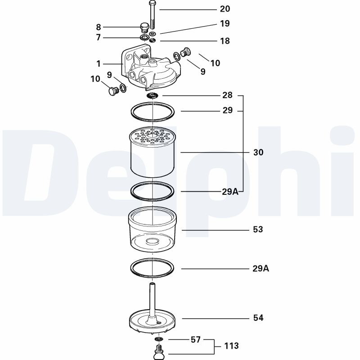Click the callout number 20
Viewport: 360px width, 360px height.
225,9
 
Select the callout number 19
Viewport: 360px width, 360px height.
225,23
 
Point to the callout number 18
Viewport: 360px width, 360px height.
225,41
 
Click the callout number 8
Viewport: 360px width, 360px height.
99,27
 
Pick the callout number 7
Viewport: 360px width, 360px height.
99,37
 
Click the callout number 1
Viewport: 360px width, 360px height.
99,64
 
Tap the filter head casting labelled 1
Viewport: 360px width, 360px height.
151,72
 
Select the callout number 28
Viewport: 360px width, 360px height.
227,95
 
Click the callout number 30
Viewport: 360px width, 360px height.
258,153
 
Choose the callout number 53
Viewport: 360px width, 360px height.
258,229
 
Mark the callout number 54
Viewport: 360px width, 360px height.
258,318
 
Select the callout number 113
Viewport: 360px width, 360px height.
231,346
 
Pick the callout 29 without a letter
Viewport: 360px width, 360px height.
227,111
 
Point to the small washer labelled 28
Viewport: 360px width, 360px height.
153,95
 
